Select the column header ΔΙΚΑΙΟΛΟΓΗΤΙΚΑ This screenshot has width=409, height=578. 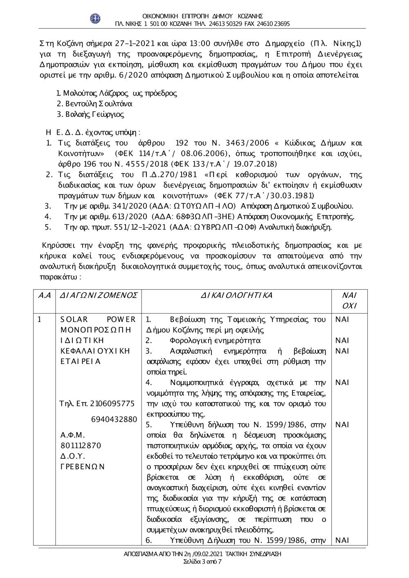[x=236, y=295]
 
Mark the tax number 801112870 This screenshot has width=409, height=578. [x=81, y=445]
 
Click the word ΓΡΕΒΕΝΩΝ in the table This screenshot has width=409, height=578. [x=83, y=466]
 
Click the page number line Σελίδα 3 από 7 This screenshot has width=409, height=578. [x=203, y=562]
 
